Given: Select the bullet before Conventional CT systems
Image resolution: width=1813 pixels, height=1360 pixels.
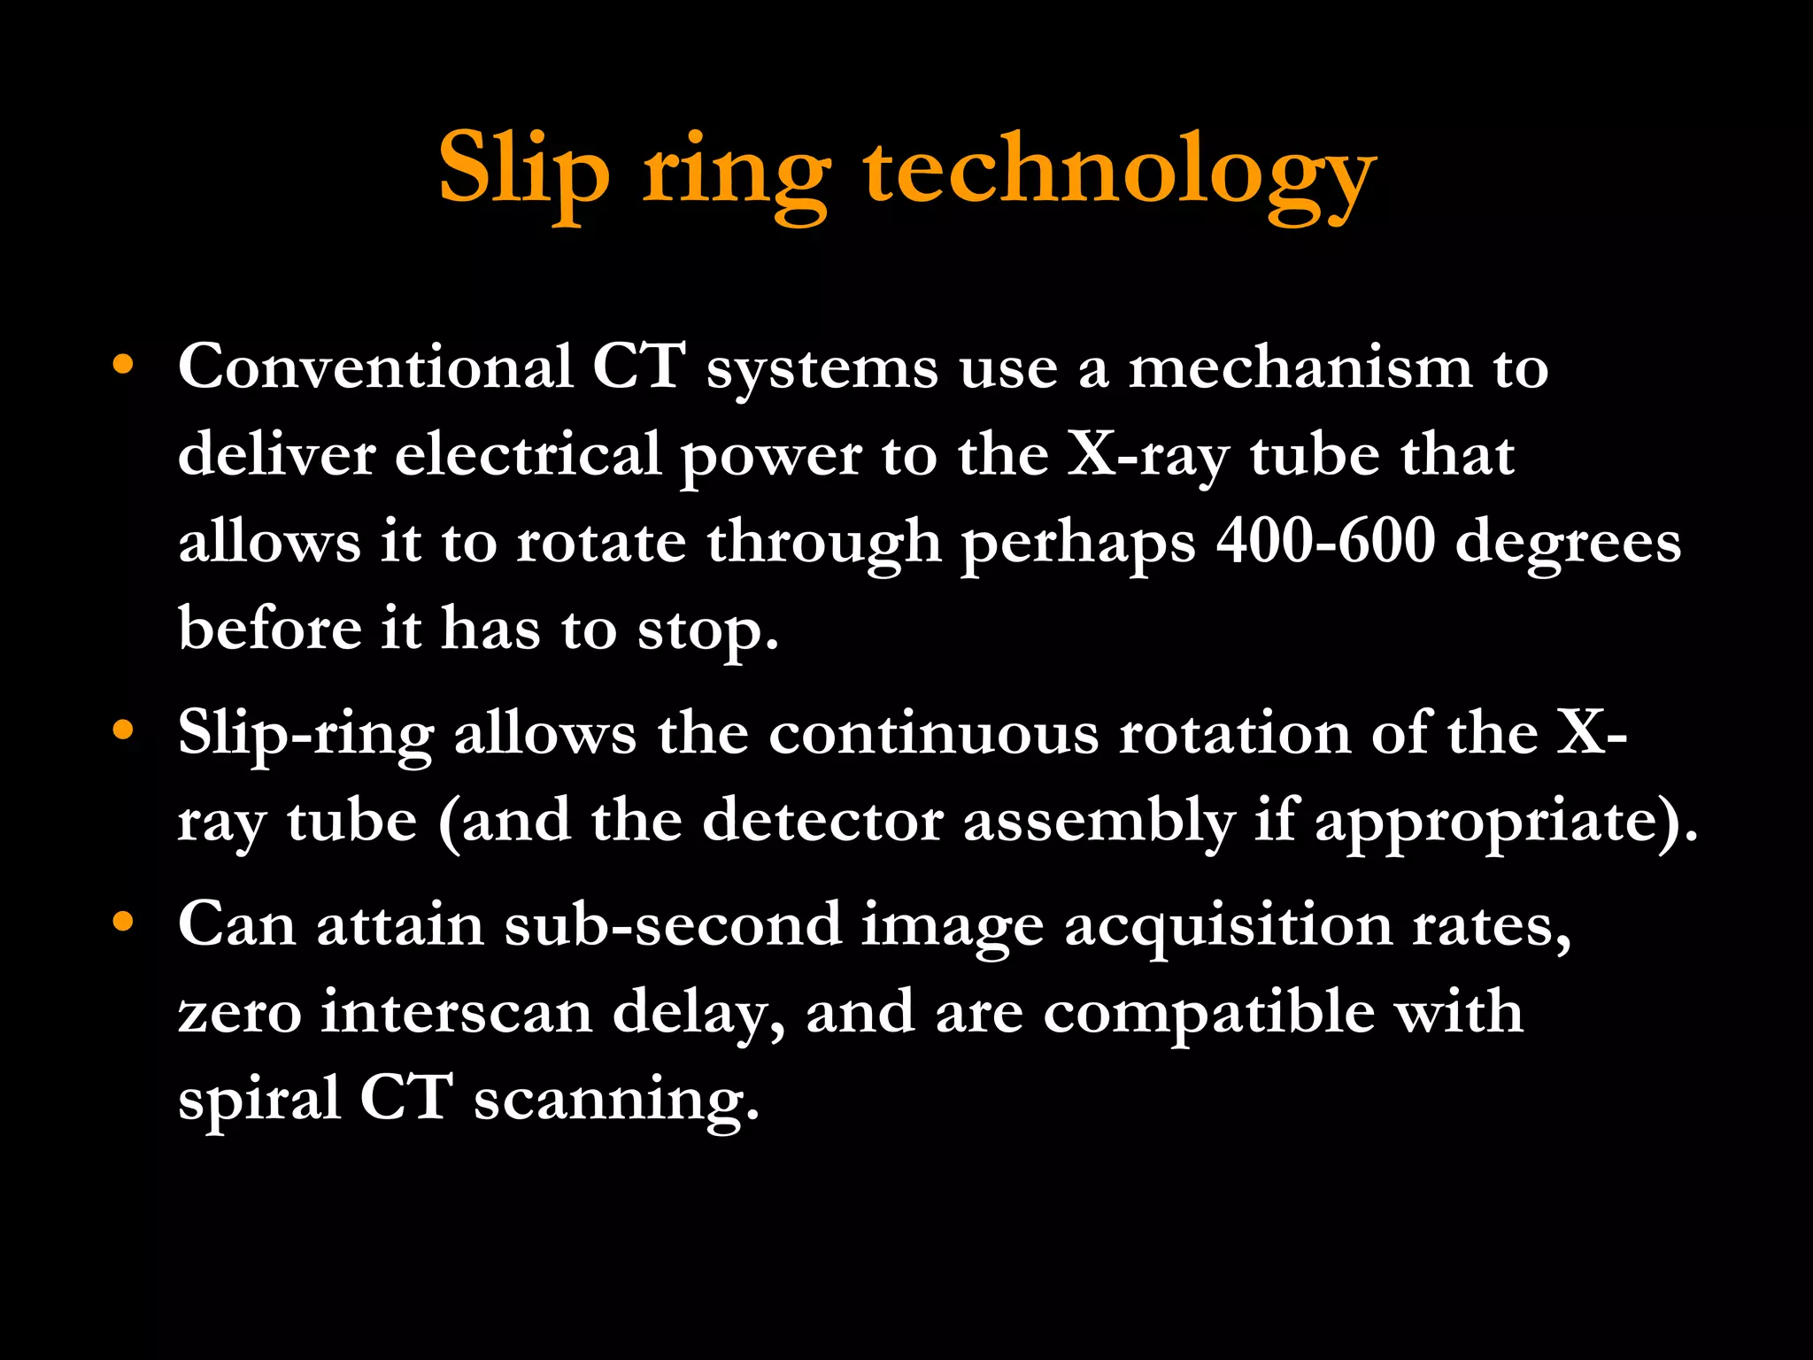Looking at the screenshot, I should (123, 365).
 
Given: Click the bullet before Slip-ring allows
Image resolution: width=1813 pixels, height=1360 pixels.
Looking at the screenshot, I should (123, 730).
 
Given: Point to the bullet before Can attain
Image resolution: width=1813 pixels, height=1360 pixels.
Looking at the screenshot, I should (123, 922).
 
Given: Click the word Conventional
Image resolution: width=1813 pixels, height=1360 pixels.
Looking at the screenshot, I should (375, 365).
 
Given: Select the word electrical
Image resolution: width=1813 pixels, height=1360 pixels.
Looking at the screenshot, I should (528, 453).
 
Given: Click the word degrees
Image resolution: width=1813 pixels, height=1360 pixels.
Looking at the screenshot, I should (1568, 542).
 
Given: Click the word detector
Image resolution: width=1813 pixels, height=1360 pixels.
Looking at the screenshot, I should (822, 820).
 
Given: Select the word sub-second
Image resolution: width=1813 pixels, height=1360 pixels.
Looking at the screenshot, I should (673, 923).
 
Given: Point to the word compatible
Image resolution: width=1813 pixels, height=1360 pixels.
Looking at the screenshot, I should (1208, 1012).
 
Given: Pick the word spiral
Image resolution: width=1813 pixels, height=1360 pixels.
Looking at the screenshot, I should (259, 1099).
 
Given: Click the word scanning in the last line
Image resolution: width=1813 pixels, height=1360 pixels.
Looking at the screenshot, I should (616, 1099).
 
